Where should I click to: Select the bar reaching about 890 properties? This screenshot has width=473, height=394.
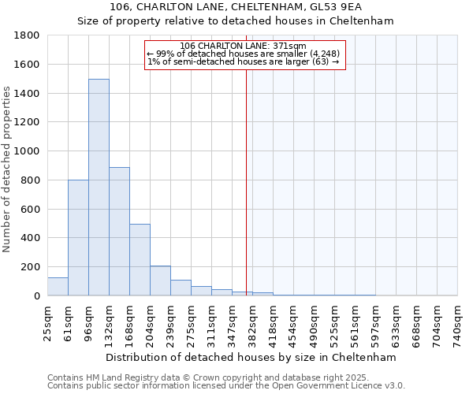[x=119, y=232]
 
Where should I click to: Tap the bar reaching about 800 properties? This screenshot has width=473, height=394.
[x=78, y=238]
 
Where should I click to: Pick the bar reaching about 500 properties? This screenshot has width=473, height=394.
[x=140, y=260]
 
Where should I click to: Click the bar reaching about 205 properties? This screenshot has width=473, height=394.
[x=160, y=281]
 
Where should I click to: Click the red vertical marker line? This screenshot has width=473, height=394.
[x=246, y=181]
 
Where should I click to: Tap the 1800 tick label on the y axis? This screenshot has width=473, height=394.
[x=27, y=35]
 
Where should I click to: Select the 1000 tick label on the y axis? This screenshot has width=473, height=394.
[x=27, y=151]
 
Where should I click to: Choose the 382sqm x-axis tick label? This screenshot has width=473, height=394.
[x=253, y=322]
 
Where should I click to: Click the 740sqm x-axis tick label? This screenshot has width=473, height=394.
[x=457, y=322]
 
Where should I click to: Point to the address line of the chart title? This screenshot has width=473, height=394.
[x=235, y=6]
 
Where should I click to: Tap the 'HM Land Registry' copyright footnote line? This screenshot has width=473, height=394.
[x=225, y=377]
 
